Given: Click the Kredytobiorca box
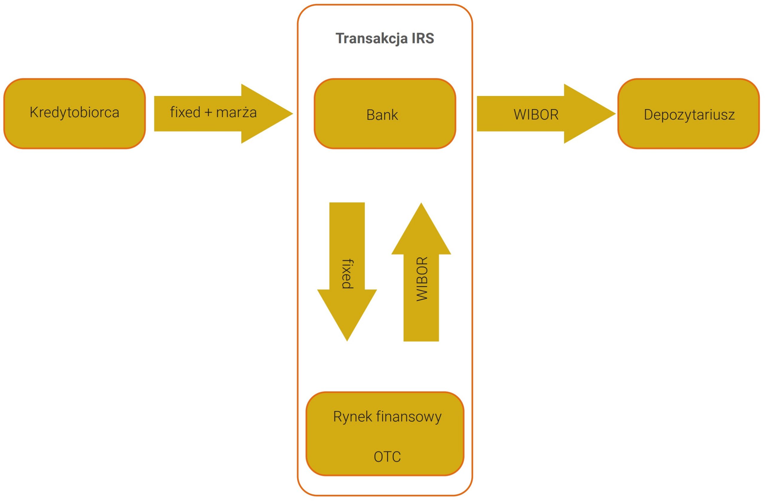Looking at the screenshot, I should (x=74, y=114).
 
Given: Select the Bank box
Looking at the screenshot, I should (x=384, y=114).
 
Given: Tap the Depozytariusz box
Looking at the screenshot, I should (x=689, y=114).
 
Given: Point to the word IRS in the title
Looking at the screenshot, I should (x=422, y=38).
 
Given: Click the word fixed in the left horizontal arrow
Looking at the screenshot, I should (x=185, y=112).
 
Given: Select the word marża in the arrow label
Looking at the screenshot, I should (x=236, y=113).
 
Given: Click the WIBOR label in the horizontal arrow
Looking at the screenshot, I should (x=536, y=115).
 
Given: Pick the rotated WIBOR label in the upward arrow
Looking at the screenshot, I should (x=422, y=279).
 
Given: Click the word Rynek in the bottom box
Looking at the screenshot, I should (x=352, y=417).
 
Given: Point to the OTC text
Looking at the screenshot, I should (x=387, y=457).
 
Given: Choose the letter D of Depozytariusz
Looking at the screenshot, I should (x=648, y=115).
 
